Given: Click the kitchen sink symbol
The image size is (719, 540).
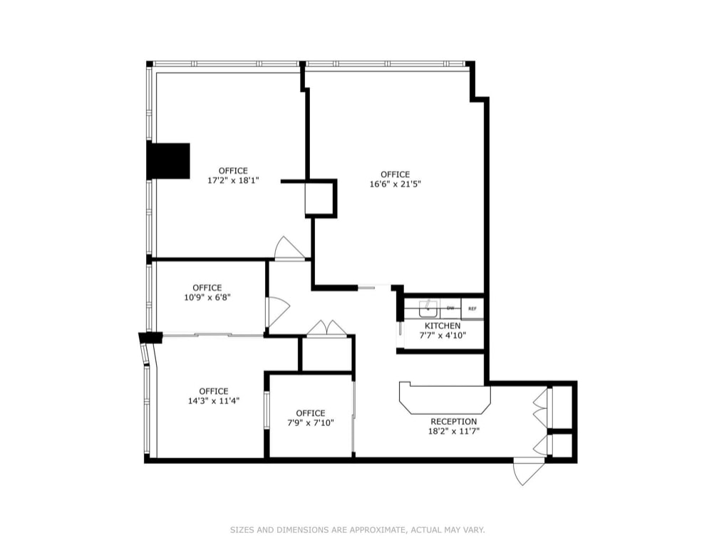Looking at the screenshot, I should pos(428,308).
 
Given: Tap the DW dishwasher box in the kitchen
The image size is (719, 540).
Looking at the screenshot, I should pos(450,308).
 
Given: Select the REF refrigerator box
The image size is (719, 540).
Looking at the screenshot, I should pos(472,308).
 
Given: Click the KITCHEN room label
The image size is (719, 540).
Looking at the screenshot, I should pos(442,326).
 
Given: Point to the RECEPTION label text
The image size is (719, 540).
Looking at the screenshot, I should pos(453,422).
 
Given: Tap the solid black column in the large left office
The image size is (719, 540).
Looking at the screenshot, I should pos(168,161).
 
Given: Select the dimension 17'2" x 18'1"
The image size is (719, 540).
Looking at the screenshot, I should pos(233,180).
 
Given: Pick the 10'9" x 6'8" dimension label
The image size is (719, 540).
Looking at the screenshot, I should pos(207,297).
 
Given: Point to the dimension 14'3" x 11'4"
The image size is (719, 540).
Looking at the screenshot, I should pos(214,400).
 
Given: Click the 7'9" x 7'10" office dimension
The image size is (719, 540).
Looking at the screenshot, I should pos(310,422).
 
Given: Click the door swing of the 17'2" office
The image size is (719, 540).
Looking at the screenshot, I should pos(289,248).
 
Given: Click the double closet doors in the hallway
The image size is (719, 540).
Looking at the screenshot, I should pos(326,328).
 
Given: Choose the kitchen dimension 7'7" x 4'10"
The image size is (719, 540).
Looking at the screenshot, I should pos(442,335).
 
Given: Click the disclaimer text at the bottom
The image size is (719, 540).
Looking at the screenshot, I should pos(357,529).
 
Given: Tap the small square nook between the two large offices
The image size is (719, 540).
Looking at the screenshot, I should pos(319,198).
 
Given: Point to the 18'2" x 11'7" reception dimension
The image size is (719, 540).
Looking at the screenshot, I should pos(453,430).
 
